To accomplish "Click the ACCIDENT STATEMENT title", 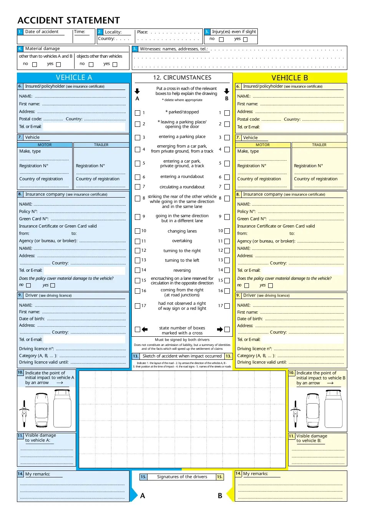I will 69,20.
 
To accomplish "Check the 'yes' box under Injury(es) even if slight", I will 246,40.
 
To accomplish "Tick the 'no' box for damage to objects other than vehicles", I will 91,65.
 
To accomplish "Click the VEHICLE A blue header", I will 74,78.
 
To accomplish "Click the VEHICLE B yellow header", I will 290,78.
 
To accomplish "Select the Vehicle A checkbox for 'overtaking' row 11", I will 138,241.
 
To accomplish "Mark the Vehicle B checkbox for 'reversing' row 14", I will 227,270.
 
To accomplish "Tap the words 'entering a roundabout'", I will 182,177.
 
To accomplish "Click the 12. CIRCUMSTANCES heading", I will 182,78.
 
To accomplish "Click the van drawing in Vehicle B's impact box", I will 333,409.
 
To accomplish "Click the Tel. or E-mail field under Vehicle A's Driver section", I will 84,339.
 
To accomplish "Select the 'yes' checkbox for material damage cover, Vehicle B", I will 270,286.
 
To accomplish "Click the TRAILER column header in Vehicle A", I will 101,145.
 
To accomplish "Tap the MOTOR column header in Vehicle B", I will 262,145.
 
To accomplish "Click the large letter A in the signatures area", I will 143,496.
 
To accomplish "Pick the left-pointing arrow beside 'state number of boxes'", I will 145,329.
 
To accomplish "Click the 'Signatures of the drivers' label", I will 182,477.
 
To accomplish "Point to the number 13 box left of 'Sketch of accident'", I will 136,356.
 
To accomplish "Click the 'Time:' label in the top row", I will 80,32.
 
